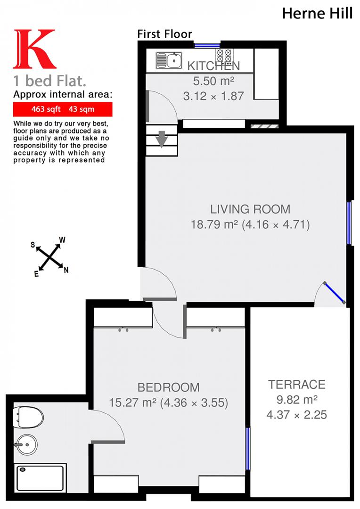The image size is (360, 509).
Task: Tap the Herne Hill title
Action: tap(317, 13)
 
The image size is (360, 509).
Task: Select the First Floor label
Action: tap(164, 34)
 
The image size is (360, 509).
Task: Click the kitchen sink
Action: tap(169, 60)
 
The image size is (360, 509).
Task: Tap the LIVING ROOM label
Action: tap(250, 209)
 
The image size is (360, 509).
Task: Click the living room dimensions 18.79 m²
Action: tap(250, 224)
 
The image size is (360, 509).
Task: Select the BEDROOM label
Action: tap(168, 387)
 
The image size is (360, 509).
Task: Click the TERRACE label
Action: tap(297, 384)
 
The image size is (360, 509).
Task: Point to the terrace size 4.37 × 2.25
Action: tap(297, 415)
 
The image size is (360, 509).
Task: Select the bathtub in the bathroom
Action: tap(41, 477)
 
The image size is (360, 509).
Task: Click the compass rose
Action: tap(49, 257)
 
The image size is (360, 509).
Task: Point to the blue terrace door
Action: tap(335, 293)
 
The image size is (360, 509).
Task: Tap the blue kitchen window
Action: tap(205, 46)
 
